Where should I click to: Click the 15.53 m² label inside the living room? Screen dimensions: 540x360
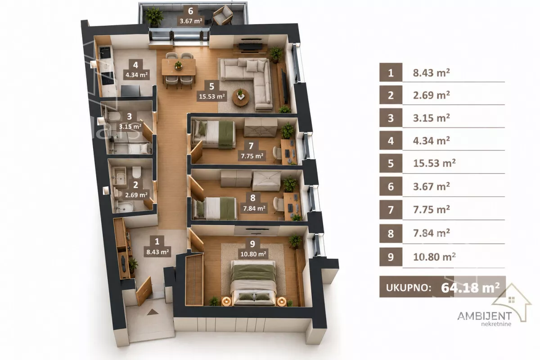click(x=211, y=96)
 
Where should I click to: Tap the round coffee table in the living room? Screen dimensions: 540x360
click(x=241, y=98)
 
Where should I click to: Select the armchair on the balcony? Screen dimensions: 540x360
click(x=223, y=15)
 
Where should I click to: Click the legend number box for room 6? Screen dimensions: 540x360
click(x=391, y=186)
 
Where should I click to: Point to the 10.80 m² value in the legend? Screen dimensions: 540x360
click(x=434, y=257)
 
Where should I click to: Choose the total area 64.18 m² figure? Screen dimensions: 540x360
click(x=470, y=288)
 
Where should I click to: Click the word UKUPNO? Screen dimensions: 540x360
click(x=409, y=288)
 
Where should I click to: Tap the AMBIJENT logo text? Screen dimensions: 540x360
click(x=484, y=316)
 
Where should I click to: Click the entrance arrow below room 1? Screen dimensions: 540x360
click(x=153, y=312)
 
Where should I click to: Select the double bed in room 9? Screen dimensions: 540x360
click(x=253, y=283)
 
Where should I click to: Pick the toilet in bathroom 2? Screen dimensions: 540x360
click(x=137, y=172)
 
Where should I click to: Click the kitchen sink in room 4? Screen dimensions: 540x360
click(x=105, y=52)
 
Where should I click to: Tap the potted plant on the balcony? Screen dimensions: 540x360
click(x=154, y=16)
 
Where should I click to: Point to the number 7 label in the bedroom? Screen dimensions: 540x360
click(x=251, y=146)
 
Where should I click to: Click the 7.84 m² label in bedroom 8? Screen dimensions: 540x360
click(x=254, y=208)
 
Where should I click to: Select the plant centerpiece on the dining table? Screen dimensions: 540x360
click(x=178, y=65)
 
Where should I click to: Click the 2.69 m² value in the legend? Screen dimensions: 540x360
click(x=432, y=95)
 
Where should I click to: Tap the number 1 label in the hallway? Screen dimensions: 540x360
click(x=157, y=241)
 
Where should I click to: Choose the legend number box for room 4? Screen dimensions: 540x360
click(x=391, y=140)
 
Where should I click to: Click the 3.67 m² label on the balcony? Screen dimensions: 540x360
click(x=191, y=21)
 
